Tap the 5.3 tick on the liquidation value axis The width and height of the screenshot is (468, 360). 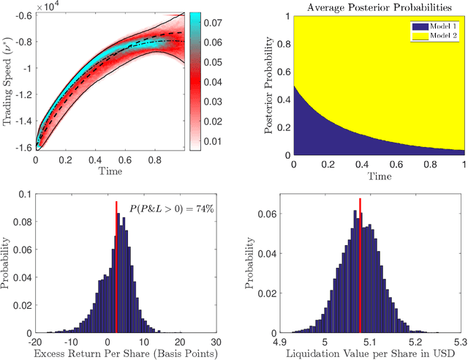pyautogui.click(x=459, y=340)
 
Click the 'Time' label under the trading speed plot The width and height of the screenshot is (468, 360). pyautogui.click(x=109, y=170)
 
